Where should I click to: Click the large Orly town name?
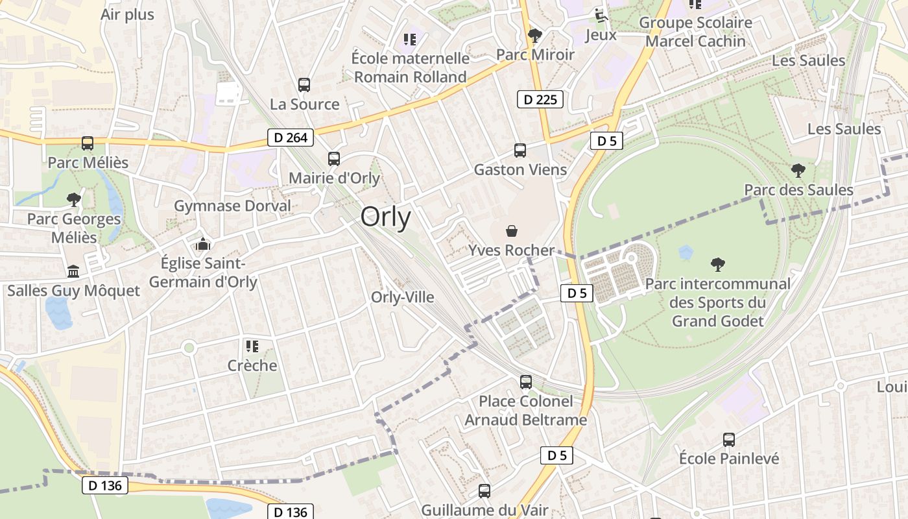click(385, 217)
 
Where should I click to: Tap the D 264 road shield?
click(291, 138)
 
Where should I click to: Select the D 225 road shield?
click(540, 99)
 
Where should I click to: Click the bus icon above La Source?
click(304, 85)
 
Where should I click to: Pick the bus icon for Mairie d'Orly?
click(334, 159)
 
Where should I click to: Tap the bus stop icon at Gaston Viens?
click(520, 151)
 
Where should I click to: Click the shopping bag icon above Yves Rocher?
click(512, 231)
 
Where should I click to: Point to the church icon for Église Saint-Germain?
click(203, 245)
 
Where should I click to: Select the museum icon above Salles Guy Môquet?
click(73, 271)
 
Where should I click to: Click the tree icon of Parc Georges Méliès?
click(74, 199)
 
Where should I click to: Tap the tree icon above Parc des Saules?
click(798, 171)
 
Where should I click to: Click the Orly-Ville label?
click(402, 297)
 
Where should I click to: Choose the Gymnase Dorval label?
click(232, 206)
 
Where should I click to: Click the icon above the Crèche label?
click(252, 346)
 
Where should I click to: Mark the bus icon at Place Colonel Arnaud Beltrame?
click(526, 382)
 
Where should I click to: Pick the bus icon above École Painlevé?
click(729, 440)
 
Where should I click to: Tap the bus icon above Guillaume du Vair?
click(484, 491)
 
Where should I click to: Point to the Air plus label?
click(128, 15)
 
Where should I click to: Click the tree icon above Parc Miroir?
click(535, 35)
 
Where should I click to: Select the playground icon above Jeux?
click(601, 15)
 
